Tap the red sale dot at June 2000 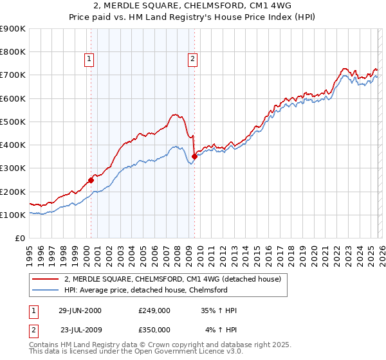[x=91, y=180]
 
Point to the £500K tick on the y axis [x=13, y=122]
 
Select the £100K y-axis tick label [x=13, y=215]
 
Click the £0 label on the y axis [x=19, y=239]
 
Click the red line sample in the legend [x=46, y=279]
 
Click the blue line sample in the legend [x=46, y=290]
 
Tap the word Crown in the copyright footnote [x=158, y=345]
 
